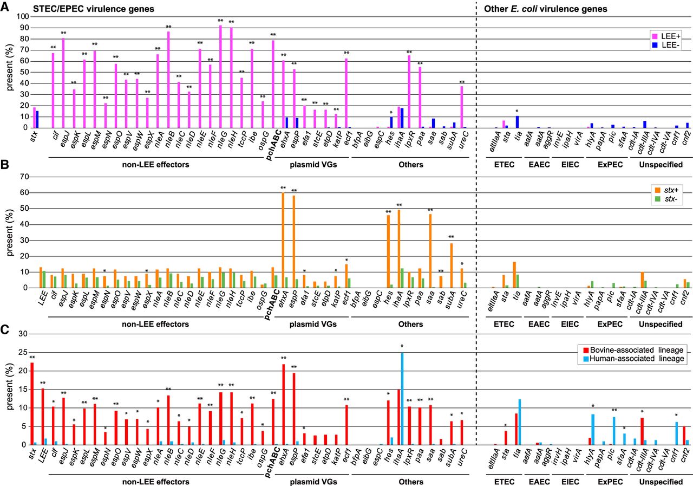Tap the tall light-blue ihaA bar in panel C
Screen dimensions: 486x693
(402, 399)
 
